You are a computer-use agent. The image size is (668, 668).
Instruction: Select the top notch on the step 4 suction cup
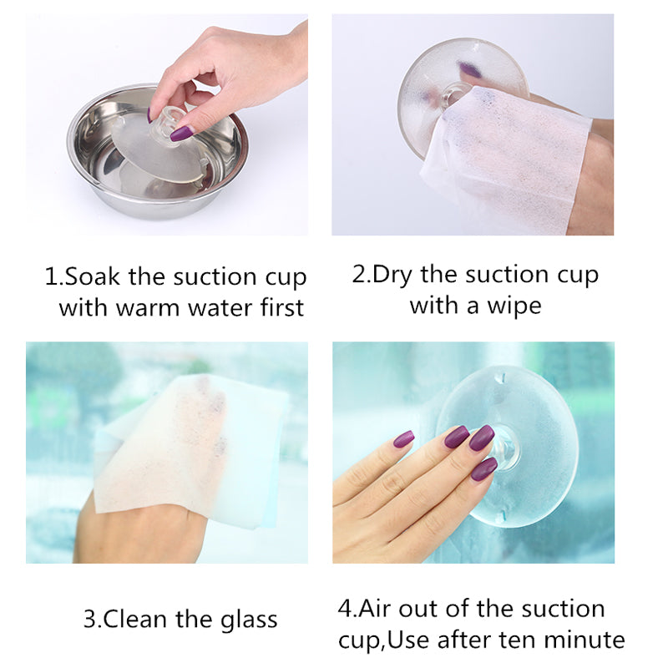pos(502,377)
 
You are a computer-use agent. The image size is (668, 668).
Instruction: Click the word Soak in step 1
pos(93,276)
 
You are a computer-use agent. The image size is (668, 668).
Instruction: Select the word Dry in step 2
pos(392,276)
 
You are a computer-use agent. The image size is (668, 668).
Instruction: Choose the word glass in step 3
pos(249,620)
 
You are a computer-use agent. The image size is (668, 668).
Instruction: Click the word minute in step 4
pos(584,640)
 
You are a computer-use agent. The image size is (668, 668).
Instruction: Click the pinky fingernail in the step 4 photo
pos(403,439)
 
